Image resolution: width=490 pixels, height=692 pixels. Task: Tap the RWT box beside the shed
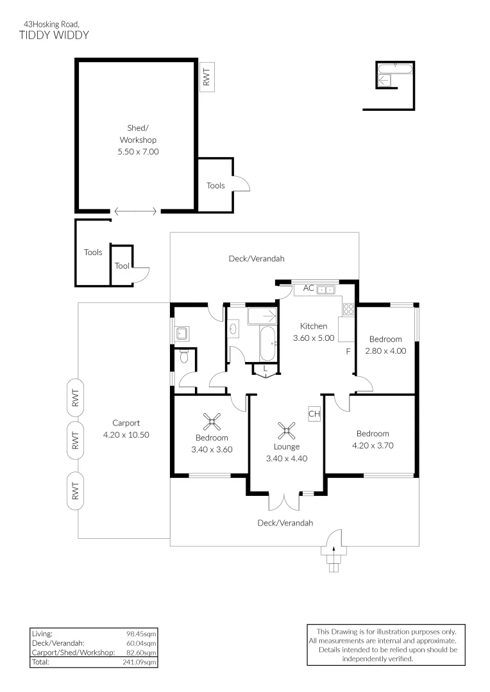tap(206, 78)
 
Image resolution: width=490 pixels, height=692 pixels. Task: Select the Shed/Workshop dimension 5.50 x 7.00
tap(138, 152)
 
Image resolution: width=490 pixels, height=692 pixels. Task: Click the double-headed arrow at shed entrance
tap(135, 211)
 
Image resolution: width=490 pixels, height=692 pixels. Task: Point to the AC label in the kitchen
tap(308, 288)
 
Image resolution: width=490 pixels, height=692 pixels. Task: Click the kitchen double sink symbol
tap(326, 290)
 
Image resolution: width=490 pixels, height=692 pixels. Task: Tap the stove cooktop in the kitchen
tap(350, 309)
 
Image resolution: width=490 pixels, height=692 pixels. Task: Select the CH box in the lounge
tap(314, 414)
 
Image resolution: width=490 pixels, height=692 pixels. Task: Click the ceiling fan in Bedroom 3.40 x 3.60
tap(212, 422)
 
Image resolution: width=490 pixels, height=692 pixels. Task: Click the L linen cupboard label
tap(265, 368)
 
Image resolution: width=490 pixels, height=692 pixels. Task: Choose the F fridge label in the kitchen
tap(348, 352)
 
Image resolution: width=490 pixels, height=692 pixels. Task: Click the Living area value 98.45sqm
tap(142, 634)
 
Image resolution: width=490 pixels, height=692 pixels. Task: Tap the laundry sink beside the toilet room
tap(182, 333)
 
